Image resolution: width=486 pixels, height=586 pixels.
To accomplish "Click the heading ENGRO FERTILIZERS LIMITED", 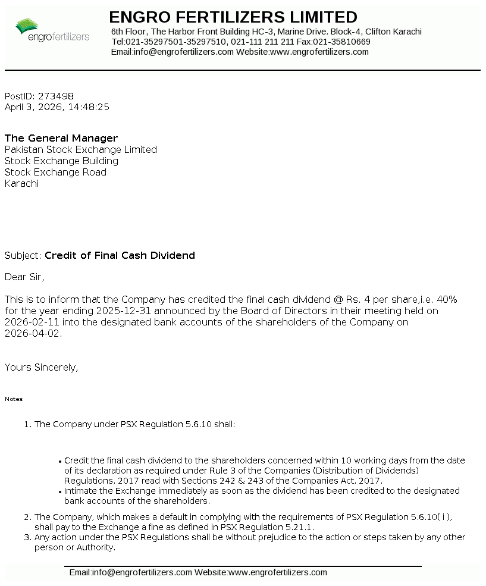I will coord(233,17).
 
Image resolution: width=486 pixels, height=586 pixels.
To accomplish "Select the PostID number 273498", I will coord(56,96).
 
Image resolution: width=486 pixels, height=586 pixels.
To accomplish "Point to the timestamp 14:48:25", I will coord(89,107).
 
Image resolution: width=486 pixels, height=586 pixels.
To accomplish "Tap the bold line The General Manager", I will coord(61,139).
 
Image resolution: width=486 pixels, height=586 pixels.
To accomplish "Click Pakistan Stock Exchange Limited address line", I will coord(81,150).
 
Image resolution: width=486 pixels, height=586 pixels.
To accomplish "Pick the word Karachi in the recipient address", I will coord(21,184).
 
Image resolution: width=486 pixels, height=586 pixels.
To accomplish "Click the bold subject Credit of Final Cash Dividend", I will coord(120,256).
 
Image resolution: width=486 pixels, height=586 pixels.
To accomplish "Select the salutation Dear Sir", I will coord(24,277).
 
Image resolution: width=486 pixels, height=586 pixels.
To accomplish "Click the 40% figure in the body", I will coord(447,299).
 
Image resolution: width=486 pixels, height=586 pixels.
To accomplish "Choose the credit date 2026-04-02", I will coord(32,334).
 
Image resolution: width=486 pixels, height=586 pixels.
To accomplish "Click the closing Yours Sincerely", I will coord(41,368).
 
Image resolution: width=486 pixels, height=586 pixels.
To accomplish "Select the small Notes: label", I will coord(14,399).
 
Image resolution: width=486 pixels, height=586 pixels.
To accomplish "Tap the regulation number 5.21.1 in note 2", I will coord(300,527).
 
